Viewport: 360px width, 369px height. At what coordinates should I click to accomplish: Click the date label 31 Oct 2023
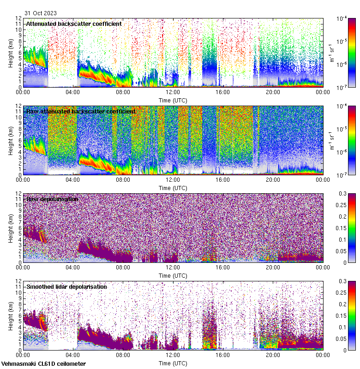click(x=41, y=13)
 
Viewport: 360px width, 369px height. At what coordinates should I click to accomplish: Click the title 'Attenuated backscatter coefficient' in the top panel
click(x=74, y=24)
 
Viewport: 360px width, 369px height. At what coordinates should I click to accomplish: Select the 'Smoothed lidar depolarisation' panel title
click(x=66, y=286)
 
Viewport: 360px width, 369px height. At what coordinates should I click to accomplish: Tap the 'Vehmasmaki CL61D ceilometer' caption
click(x=43, y=364)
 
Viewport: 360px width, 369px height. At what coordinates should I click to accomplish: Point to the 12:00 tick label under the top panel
click(x=173, y=92)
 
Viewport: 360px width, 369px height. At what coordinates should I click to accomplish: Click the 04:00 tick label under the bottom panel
click(x=73, y=355)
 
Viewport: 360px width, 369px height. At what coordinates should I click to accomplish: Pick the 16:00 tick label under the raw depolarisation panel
click(x=222, y=268)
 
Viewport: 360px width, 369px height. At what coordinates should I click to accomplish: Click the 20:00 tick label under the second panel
click(x=273, y=180)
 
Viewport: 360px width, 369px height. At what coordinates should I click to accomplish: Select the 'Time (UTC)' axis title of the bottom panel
click(x=173, y=363)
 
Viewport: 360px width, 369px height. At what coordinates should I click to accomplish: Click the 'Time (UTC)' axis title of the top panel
click(x=173, y=100)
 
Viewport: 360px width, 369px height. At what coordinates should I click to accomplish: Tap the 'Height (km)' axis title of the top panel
click(x=11, y=53)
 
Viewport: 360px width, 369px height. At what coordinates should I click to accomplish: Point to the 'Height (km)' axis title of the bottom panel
click(x=11, y=315)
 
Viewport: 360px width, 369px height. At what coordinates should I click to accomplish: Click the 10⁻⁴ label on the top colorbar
click(x=342, y=18)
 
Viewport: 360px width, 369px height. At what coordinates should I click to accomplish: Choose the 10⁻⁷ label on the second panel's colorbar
click(x=342, y=175)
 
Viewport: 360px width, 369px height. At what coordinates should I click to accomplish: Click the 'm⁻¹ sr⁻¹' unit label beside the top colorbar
click(x=331, y=53)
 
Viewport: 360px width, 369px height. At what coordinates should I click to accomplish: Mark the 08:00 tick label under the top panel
click(x=123, y=92)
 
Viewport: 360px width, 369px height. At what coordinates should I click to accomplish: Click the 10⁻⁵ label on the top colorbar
click(x=342, y=42)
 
